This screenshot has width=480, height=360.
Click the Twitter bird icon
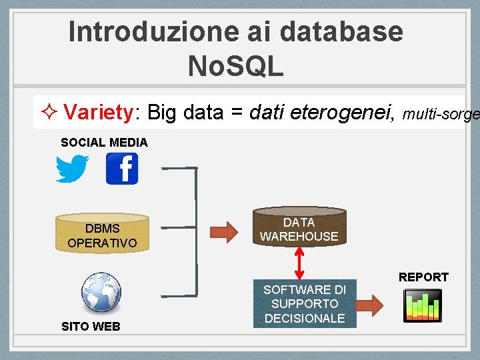72,169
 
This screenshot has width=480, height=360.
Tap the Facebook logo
122,169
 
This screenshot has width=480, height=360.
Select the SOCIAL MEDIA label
104,142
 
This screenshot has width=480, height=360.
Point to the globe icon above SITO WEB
101,293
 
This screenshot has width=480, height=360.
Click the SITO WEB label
91,326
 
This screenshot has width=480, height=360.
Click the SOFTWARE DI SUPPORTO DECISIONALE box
305,304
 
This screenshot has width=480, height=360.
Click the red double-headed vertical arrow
299,263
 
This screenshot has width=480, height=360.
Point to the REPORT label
423,277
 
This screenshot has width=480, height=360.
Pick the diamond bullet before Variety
48,112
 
